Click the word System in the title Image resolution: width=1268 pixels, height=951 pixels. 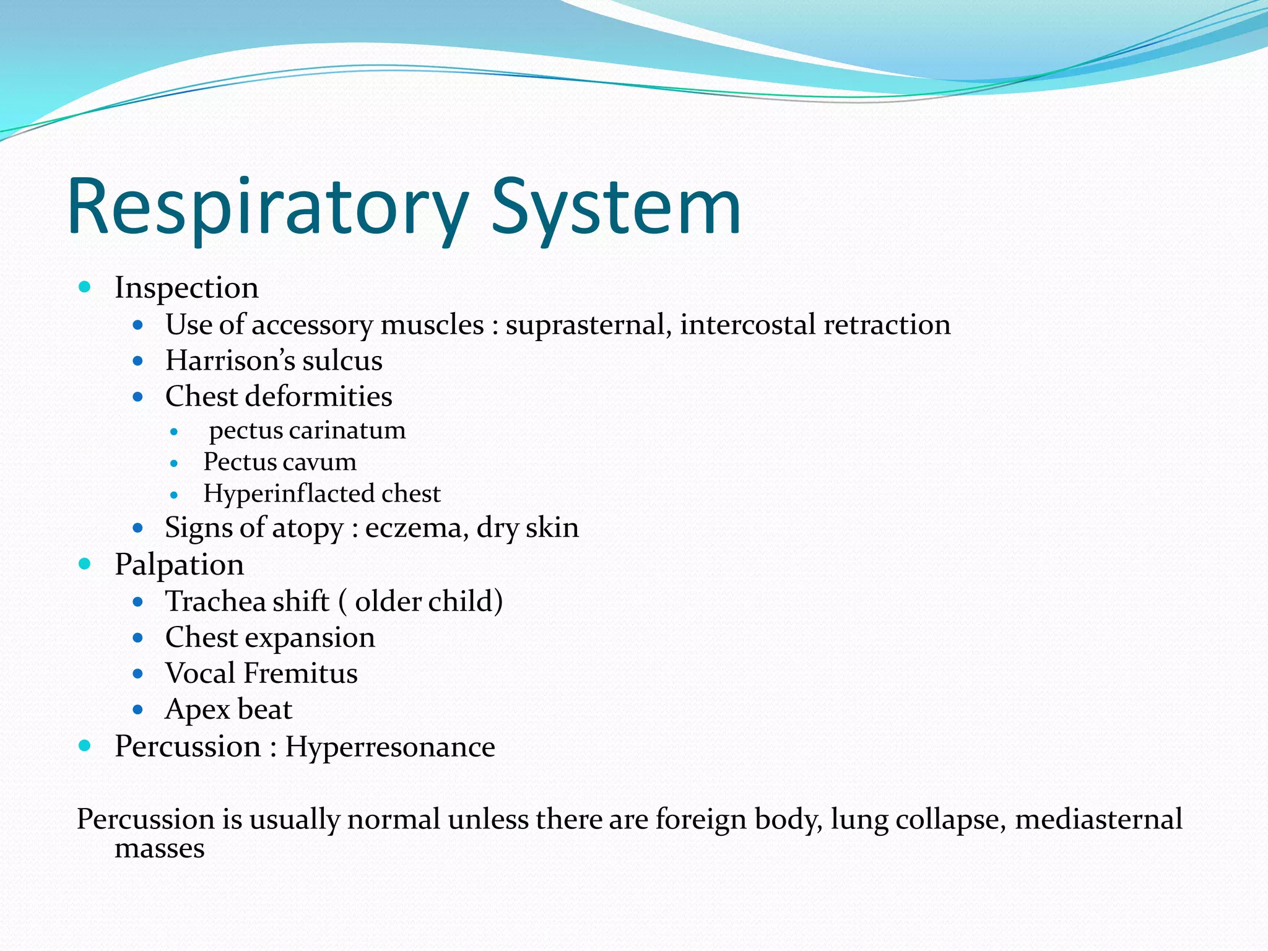616,207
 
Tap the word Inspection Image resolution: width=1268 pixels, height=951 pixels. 186,288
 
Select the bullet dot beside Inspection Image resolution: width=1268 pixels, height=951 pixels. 85,287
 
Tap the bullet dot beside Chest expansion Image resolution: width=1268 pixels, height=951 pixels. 138,638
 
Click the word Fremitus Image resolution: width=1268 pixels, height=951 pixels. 300,674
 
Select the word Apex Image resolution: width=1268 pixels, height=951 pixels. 198,710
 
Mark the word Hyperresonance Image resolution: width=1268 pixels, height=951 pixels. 389,747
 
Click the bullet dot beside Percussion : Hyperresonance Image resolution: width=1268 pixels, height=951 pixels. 85,746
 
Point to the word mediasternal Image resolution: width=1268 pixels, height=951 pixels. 1098,820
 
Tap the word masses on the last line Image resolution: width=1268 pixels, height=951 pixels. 159,849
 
